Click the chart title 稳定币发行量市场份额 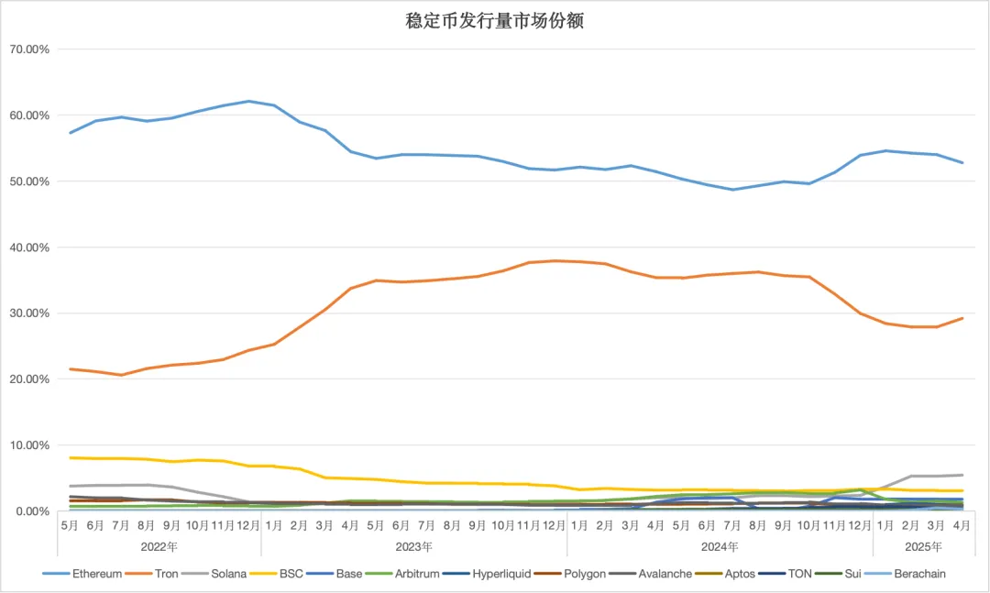[494, 21]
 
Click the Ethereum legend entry [96, 574]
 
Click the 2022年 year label [159, 546]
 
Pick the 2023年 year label [414, 546]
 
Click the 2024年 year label [720, 546]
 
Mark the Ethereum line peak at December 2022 [248, 101]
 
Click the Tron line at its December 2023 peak [555, 260]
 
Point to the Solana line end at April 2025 [962, 475]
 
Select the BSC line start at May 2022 [71, 457]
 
